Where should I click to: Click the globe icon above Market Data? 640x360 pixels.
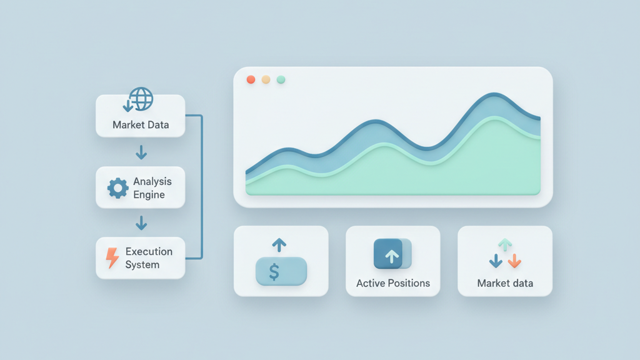[141, 99]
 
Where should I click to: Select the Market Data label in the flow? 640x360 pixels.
[141, 125]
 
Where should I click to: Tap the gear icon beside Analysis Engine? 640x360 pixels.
[117, 188]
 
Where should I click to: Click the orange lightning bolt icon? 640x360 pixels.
[112, 257]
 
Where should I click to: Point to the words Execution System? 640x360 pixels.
[149, 258]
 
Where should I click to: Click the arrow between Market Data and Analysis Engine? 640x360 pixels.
[141, 152]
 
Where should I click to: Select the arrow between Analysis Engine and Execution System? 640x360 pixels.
[141, 222]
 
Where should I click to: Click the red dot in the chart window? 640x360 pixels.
[251, 80]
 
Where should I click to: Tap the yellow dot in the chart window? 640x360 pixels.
[266, 80]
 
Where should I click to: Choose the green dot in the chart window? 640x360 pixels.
[281, 80]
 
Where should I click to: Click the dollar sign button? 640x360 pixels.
[281, 271]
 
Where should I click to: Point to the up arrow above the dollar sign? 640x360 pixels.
[279, 244]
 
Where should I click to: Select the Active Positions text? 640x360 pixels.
[393, 283]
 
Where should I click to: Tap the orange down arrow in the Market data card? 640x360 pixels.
[514, 261]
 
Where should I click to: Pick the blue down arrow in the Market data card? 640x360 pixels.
[496, 261]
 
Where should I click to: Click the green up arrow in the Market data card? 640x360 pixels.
[505, 245]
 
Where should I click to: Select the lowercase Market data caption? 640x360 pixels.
[505, 283]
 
